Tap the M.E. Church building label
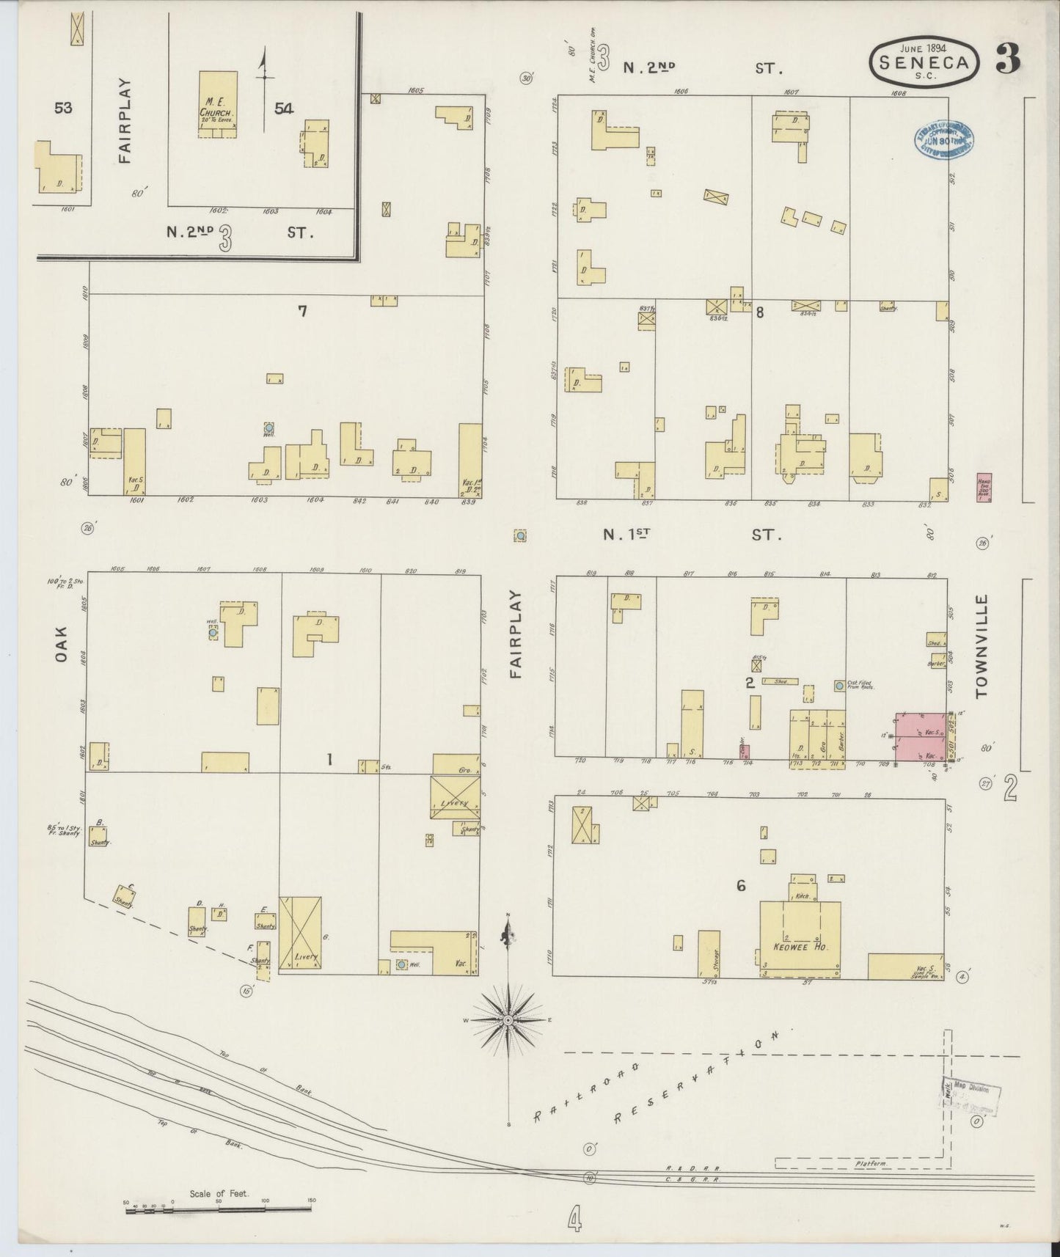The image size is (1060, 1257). [x=217, y=108]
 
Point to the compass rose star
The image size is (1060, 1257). [x=508, y=1020]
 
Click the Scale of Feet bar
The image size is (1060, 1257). [x=219, y=1209]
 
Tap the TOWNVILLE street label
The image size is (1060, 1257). [x=982, y=645]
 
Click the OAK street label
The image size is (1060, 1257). [x=62, y=644]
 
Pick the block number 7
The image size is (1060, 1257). [x=301, y=311]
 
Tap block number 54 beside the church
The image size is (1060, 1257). [x=284, y=109]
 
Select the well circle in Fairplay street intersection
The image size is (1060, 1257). [x=520, y=536]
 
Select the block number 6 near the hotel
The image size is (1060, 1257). [x=741, y=887]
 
